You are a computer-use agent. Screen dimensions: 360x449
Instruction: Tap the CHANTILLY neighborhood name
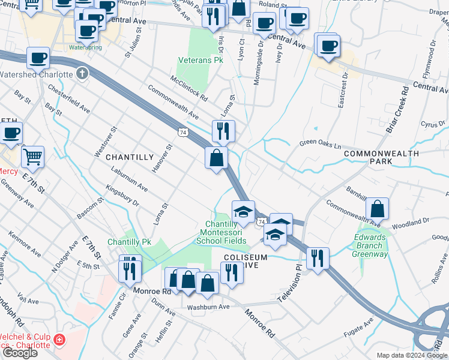pyautogui.click(x=130, y=157)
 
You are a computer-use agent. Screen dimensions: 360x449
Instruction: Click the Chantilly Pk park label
pyautogui.click(x=128, y=242)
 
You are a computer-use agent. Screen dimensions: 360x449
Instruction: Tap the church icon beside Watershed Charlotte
pyautogui.click(x=82, y=74)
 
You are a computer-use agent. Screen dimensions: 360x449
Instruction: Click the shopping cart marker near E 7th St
pyautogui.click(x=32, y=157)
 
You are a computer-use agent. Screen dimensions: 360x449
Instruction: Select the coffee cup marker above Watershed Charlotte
pyautogui.click(x=38, y=58)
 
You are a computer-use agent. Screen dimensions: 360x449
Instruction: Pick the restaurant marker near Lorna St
pyautogui.click(x=223, y=130)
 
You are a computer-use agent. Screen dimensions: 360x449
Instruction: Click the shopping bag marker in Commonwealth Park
pyautogui.click(x=377, y=209)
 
